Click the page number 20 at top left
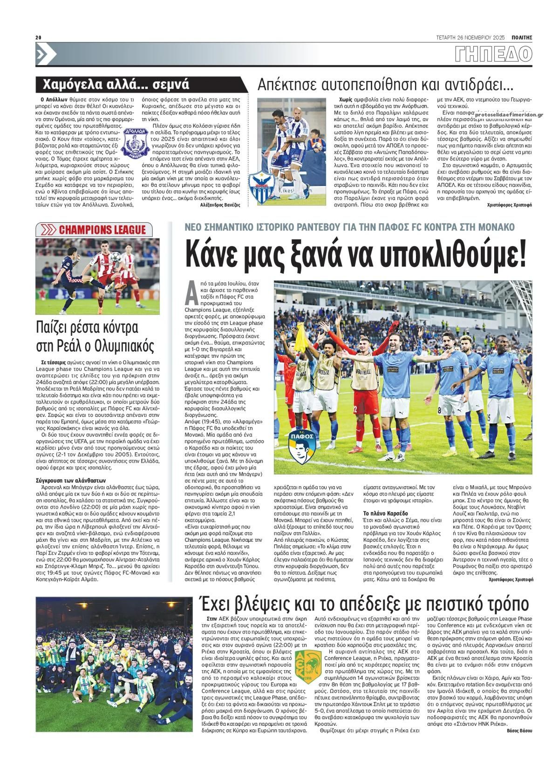tap(39, 38)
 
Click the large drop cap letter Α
tap(190, 293)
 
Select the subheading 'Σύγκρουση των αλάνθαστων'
tap(71, 480)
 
